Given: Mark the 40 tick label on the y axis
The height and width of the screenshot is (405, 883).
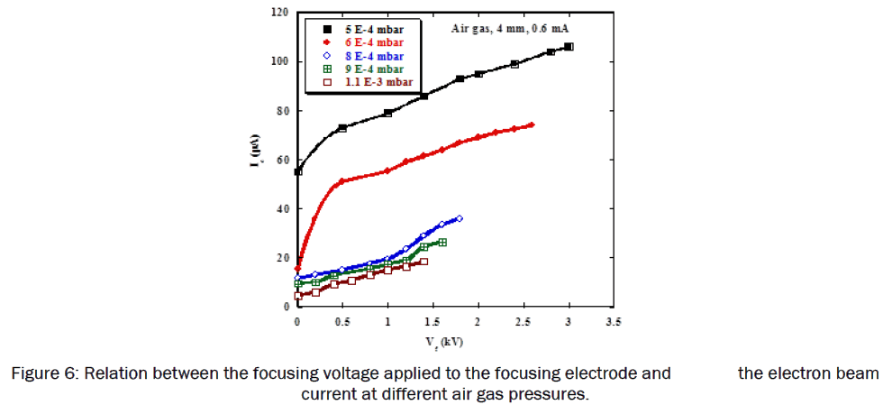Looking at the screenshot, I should (x=285, y=209).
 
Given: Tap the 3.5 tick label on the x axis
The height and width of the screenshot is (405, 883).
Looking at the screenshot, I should (x=614, y=321).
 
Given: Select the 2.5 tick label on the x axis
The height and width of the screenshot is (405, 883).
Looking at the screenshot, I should (x=523, y=321).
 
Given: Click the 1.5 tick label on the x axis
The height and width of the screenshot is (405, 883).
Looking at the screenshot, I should (x=432, y=321).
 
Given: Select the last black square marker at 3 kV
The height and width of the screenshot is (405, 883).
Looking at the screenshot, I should (x=569, y=47).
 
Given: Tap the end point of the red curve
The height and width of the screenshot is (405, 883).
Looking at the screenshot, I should (x=532, y=124).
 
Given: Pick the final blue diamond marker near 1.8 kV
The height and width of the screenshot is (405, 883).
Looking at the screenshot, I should (x=460, y=218).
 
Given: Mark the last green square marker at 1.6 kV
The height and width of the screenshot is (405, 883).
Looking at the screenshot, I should (x=442, y=243).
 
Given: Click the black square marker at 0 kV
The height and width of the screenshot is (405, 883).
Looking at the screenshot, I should (x=298, y=171).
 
